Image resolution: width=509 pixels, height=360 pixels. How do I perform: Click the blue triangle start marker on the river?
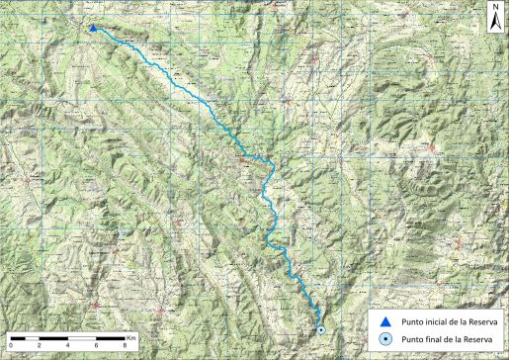93,29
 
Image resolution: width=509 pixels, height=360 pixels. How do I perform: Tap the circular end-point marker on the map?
320,329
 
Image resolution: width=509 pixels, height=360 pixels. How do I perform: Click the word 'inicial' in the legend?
434,320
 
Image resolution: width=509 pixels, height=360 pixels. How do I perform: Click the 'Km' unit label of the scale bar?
129,335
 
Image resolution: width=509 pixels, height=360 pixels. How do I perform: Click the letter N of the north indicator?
493,7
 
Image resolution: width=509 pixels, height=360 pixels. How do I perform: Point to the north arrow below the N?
493,21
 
